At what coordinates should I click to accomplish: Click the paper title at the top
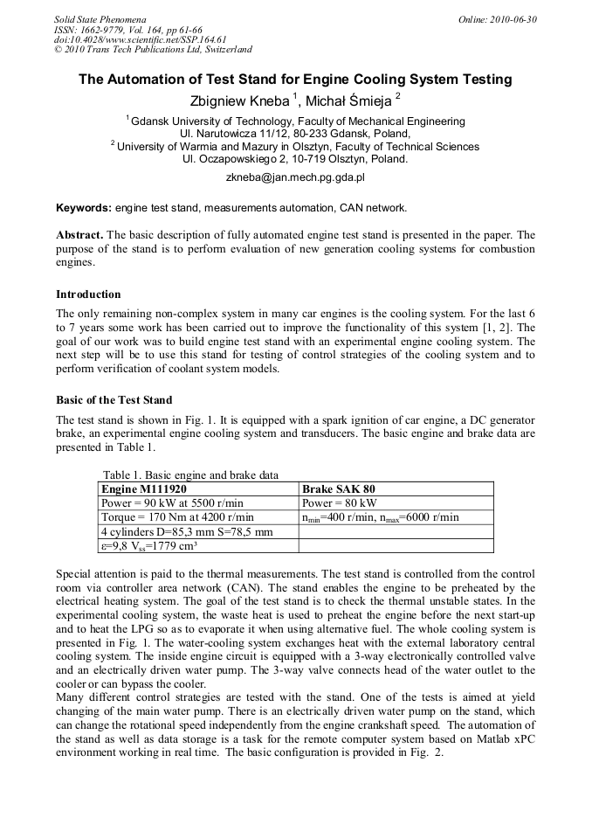(x=295, y=80)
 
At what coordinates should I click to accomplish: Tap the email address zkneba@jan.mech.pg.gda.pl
(x=295, y=177)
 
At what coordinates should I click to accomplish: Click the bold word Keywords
(x=84, y=208)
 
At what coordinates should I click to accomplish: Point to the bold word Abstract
(x=79, y=236)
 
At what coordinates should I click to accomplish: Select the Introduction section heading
(x=88, y=294)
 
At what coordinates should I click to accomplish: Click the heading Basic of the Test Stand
(x=114, y=400)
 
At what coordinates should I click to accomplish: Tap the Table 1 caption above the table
(x=190, y=475)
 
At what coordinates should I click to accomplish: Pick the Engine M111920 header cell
(x=143, y=489)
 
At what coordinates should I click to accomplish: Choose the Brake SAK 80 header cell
(x=339, y=489)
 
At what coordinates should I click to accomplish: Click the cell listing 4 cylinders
(x=187, y=531)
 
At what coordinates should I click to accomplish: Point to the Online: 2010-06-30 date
(x=497, y=19)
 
